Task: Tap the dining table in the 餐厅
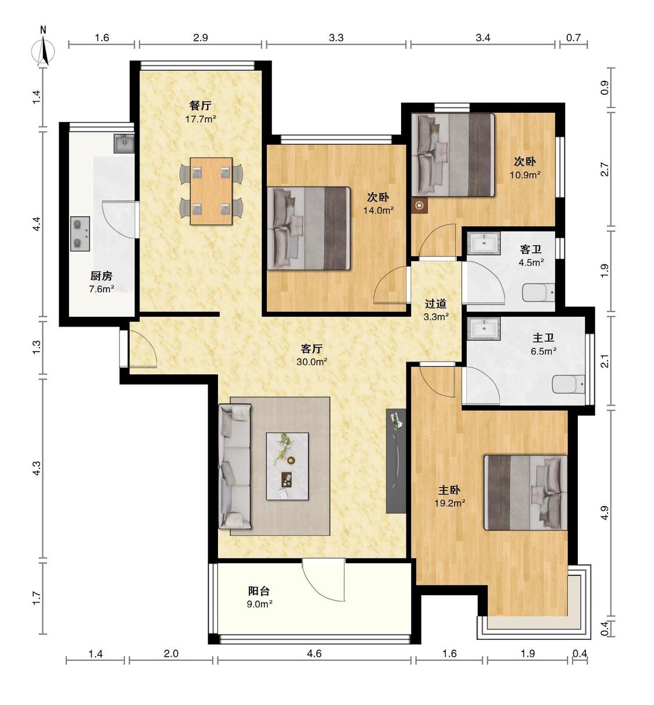pos(211,191)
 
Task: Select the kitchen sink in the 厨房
pos(124,144)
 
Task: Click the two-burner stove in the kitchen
pos(80,234)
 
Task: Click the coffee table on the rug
pos(287,467)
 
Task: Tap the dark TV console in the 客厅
pos(396,461)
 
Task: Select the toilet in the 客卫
pos(539,292)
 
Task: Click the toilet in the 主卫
pos(569,384)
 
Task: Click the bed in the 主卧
pos(526,493)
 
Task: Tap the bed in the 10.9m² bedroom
pos(453,155)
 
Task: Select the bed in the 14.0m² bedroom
pos(308,228)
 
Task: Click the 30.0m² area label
pos(312,362)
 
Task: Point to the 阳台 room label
pos(259,591)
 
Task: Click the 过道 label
pos(436,303)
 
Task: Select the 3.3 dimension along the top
pos(336,38)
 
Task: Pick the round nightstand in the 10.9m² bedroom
pos(420,206)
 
